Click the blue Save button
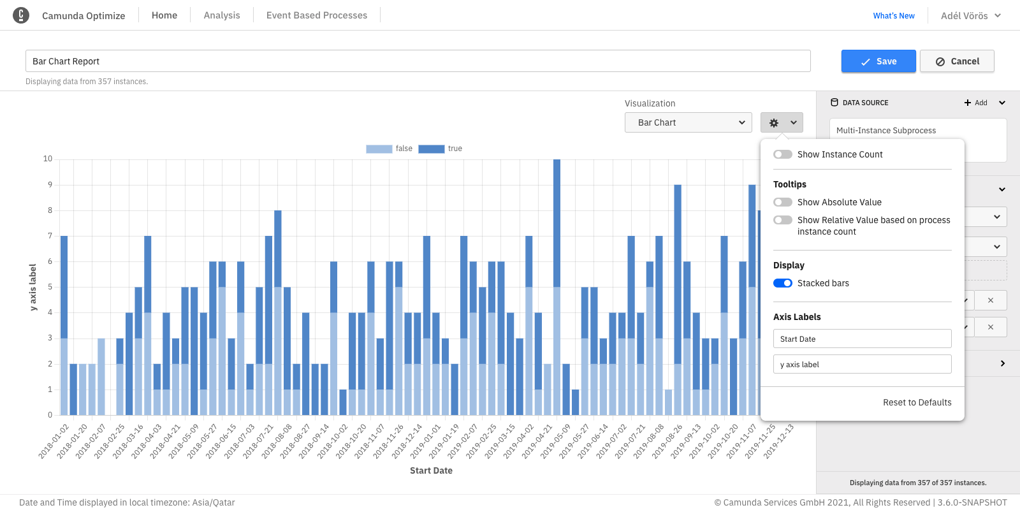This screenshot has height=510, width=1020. click(x=878, y=61)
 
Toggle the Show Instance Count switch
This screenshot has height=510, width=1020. click(x=783, y=154)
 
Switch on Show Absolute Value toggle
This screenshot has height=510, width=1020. click(x=783, y=202)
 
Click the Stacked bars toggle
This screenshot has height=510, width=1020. click(x=783, y=283)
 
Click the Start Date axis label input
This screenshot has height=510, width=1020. click(x=862, y=339)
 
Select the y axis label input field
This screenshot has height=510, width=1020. click(x=862, y=364)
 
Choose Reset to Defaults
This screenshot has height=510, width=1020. click(x=917, y=402)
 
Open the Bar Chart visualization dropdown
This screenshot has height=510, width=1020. click(x=688, y=122)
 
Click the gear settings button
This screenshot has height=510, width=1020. click(x=782, y=122)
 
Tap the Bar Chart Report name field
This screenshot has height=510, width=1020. click(x=418, y=61)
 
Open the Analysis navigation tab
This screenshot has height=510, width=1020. click(x=222, y=15)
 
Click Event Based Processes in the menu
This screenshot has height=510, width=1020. click(x=317, y=15)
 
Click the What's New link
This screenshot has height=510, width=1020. click(x=894, y=16)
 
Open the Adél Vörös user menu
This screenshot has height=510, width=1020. click(x=970, y=16)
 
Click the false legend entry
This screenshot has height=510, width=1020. click(x=390, y=149)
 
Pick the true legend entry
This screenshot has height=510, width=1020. click(x=441, y=149)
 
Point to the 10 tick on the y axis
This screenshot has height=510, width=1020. click(x=48, y=159)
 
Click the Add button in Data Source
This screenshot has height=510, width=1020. click(x=975, y=103)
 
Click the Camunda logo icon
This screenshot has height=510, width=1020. click(x=21, y=15)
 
